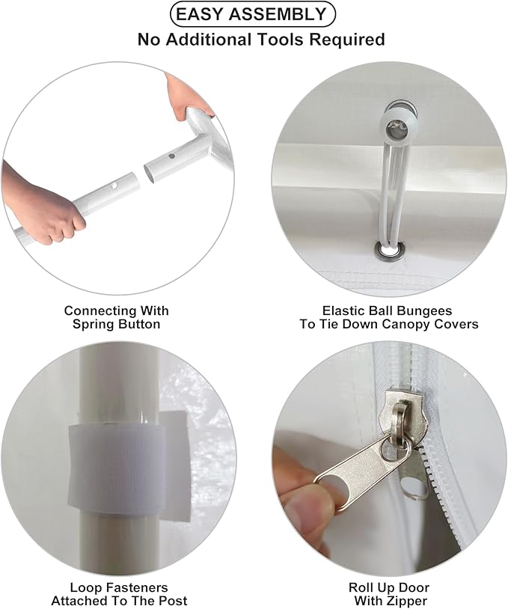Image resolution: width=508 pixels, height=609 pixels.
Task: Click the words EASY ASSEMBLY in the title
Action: [x=251, y=14]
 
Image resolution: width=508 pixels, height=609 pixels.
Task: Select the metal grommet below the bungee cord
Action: [x=388, y=250]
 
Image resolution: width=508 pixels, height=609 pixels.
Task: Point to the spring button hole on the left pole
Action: [x=114, y=186]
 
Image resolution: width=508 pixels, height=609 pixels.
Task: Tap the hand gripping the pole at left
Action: [x=42, y=203]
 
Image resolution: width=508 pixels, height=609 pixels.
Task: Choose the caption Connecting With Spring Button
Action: [x=117, y=317]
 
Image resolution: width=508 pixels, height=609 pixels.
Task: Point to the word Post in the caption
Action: [x=171, y=601]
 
